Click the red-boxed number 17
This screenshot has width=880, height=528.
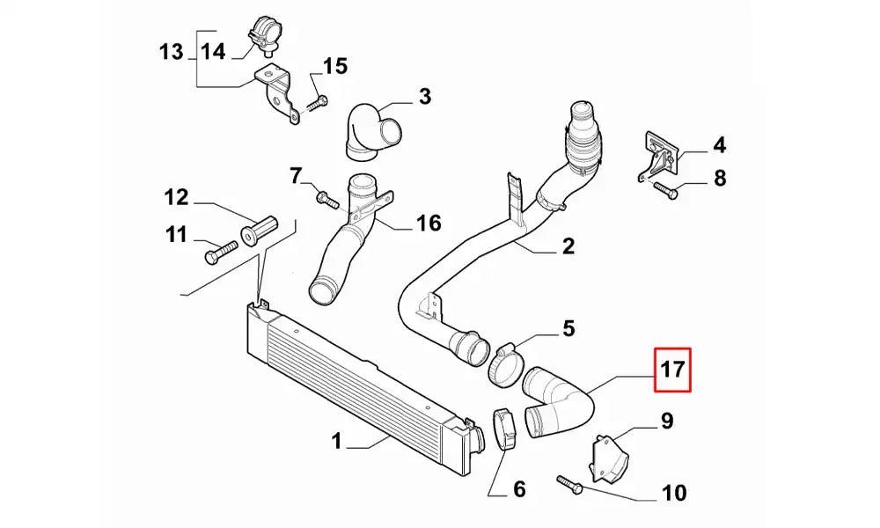coord(672,370)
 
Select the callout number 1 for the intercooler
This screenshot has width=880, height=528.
coord(336,439)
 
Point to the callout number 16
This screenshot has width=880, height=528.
coord(429,224)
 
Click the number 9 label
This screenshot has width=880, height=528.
coord(667,421)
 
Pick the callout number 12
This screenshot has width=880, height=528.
coord(177,197)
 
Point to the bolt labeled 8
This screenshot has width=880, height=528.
coord(664,187)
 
